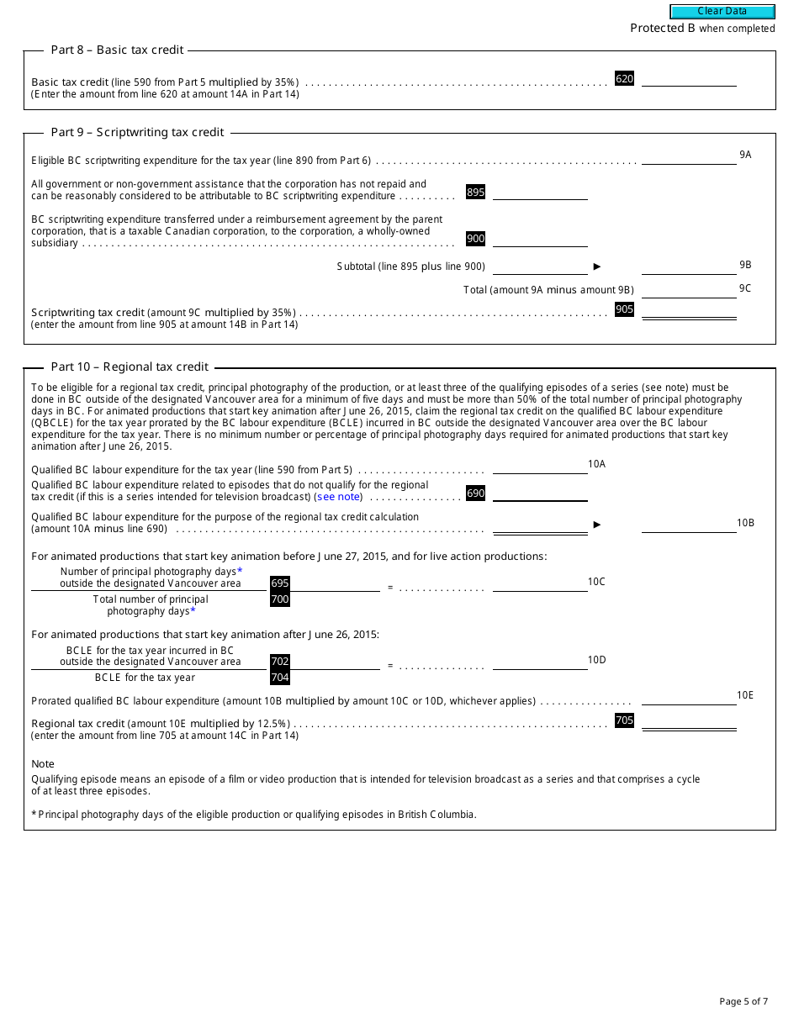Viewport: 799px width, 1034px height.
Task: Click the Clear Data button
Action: (x=722, y=12)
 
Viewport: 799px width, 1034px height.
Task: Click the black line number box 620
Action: (x=624, y=79)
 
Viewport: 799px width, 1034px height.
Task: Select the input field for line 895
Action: (x=540, y=193)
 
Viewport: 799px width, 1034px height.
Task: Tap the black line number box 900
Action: (x=475, y=239)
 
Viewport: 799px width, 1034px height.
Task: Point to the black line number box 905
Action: (x=624, y=309)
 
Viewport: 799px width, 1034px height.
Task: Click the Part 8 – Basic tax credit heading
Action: (x=117, y=50)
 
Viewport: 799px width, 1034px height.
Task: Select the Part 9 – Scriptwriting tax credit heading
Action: (x=137, y=132)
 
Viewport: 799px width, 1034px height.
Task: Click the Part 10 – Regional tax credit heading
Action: (x=130, y=367)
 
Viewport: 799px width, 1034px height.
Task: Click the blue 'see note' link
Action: (x=338, y=497)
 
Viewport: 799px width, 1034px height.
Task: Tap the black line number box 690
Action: (x=475, y=493)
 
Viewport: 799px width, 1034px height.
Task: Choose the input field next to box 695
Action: (x=335, y=583)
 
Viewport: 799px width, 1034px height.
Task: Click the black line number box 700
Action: (x=279, y=599)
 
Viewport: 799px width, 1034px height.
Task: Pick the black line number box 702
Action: (x=279, y=662)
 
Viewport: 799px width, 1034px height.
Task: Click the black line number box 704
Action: (x=279, y=678)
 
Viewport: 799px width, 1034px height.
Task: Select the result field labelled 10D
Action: (x=540, y=662)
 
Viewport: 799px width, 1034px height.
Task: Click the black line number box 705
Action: (x=624, y=720)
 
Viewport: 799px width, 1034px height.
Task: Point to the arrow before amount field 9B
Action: (x=597, y=266)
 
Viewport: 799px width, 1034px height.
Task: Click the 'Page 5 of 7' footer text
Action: (x=743, y=1001)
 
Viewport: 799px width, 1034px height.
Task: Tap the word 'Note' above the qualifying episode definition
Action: (x=43, y=764)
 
